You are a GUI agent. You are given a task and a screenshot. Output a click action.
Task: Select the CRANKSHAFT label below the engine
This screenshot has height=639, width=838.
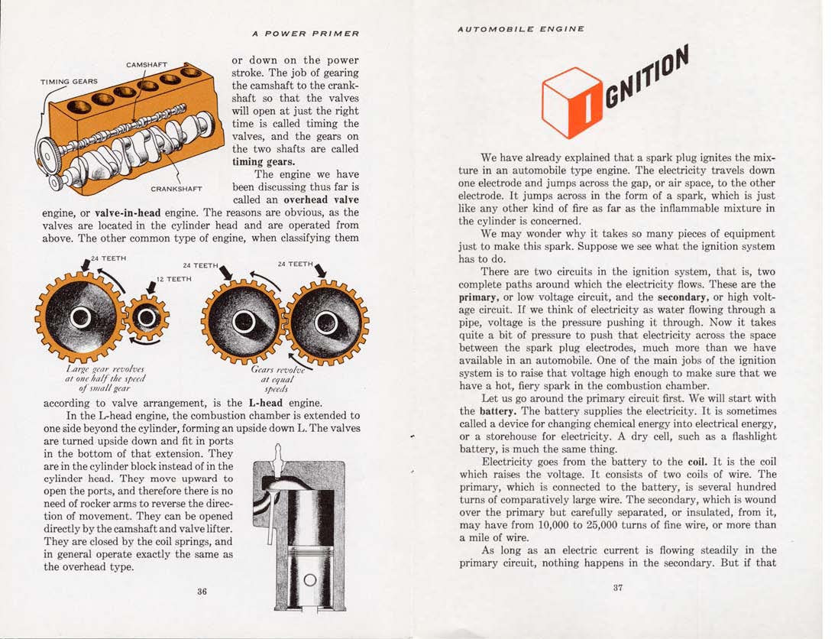pyautogui.click(x=176, y=189)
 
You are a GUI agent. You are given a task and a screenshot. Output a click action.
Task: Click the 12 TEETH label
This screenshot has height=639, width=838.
pyautogui.click(x=173, y=279)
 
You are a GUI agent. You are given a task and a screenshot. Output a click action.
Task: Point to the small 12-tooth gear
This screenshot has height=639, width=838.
pyautogui.click(x=147, y=317)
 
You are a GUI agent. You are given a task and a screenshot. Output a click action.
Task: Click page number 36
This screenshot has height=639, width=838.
pyautogui.click(x=202, y=591)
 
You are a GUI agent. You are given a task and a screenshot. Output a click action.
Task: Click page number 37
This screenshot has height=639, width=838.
pyautogui.click(x=617, y=588)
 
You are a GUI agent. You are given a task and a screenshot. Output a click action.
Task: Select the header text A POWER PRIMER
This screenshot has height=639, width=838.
pyautogui.click(x=305, y=33)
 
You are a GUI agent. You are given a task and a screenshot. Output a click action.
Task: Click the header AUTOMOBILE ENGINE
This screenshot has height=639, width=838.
pyautogui.click(x=521, y=28)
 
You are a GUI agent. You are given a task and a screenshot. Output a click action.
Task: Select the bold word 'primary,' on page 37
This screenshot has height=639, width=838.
pyautogui.click(x=480, y=297)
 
